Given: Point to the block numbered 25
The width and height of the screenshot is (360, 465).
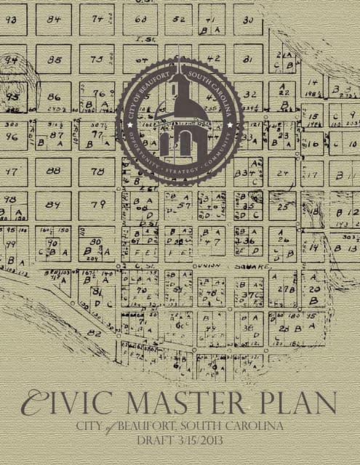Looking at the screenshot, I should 282,206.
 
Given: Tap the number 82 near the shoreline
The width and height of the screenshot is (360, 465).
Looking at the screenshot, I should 93,332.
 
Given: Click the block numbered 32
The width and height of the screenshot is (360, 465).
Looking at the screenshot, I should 249,94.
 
